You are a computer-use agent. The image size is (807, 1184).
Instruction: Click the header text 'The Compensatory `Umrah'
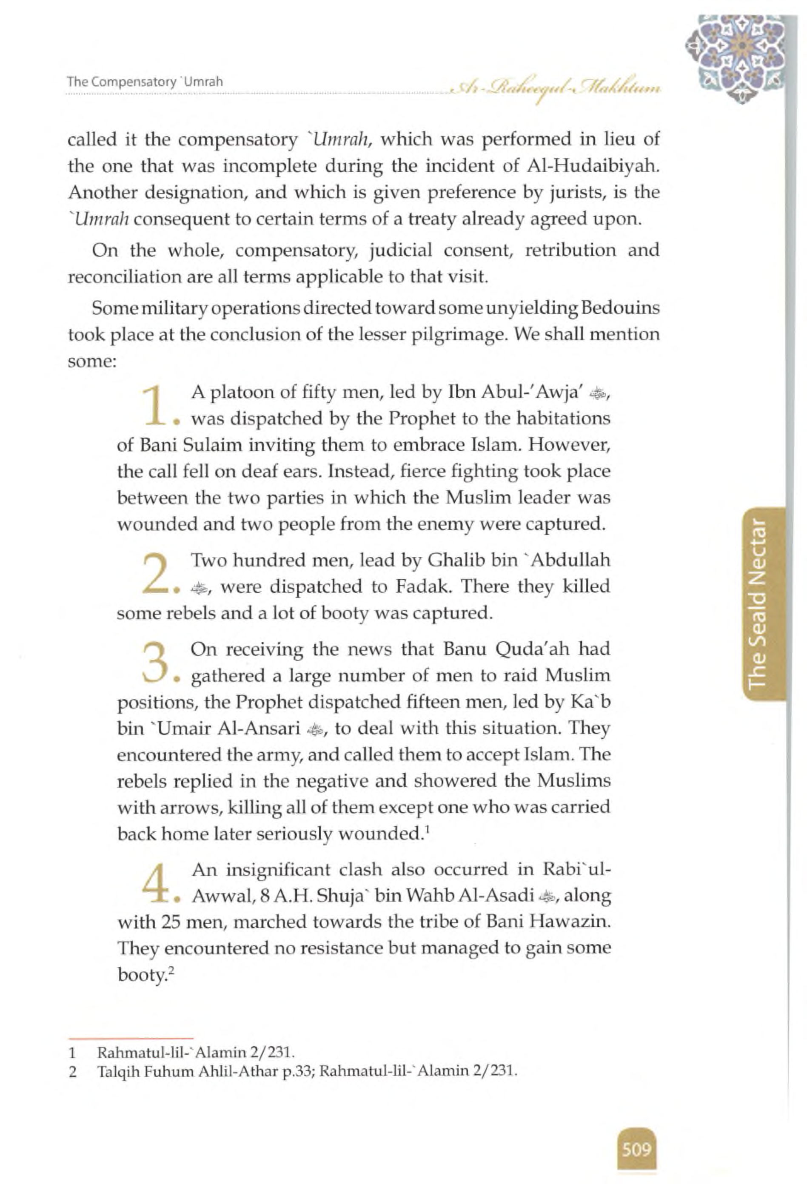pyautogui.click(x=145, y=82)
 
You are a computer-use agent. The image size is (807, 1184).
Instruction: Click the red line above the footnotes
pyautogui.click(x=131, y=1037)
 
